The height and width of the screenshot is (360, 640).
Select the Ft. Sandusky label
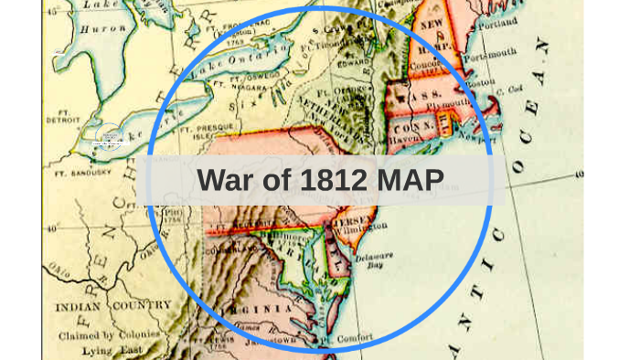click(x=78, y=171)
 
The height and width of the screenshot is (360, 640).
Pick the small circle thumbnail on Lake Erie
click(x=109, y=137)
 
